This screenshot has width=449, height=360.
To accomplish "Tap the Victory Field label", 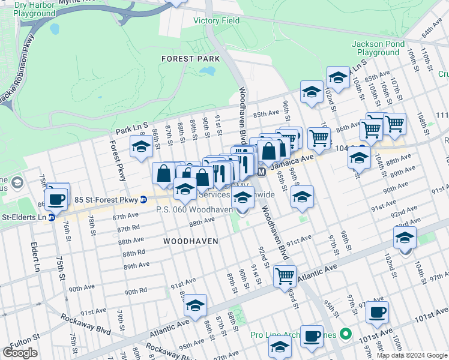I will click(x=216, y=20).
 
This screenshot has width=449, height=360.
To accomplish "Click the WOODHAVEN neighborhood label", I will click(x=190, y=240).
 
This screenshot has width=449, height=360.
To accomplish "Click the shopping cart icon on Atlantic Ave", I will click(x=285, y=276).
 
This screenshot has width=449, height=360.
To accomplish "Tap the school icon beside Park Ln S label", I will click(x=141, y=146).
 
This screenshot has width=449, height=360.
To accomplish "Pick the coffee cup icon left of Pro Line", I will click(x=311, y=335).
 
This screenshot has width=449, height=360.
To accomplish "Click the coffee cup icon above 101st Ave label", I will click(x=377, y=311).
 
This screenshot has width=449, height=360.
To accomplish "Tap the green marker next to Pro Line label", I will click(x=345, y=334).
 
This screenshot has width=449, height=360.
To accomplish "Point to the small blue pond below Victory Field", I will click(x=208, y=71).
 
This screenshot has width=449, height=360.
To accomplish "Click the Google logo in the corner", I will click(x=20, y=353).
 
